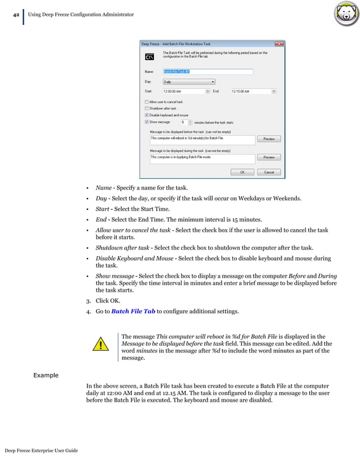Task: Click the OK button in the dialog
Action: point(242,172)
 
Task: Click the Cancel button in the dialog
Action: point(269,172)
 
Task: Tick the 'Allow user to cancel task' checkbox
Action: point(147,102)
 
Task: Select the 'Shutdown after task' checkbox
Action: point(147,108)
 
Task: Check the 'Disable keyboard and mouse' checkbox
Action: point(147,115)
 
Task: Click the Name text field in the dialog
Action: point(207,72)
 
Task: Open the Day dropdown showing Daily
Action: point(188,81)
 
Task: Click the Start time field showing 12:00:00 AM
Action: point(183,91)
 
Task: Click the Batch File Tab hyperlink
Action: point(133,311)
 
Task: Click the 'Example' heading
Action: point(45,375)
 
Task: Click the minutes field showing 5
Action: point(184,122)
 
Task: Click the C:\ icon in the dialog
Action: point(150,56)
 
